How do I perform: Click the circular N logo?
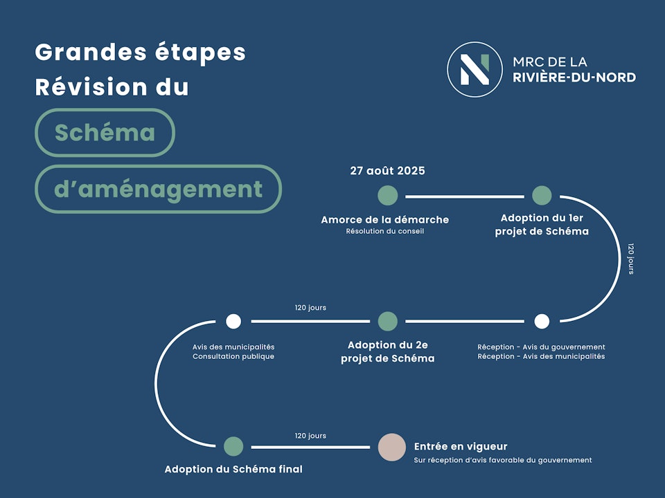pyautogui.click(x=474, y=69)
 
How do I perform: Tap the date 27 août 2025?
pyautogui.click(x=387, y=171)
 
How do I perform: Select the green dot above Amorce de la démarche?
pyautogui.click(x=388, y=196)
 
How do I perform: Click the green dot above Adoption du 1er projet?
pyautogui.click(x=542, y=196)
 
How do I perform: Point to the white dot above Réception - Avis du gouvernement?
pyautogui.click(x=542, y=321)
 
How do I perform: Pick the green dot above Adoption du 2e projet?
pyautogui.click(x=388, y=321)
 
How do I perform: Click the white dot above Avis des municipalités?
pyautogui.click(x=233, y=321)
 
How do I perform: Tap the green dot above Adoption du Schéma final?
pyautogui.click(x=233, y=446)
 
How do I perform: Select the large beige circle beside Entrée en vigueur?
pyautogui.click(x=391, y=447)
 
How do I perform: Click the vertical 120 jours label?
pyautogui.click(x=630, y=258)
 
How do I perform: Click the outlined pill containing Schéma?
pyautogui.click(x=105, y=133)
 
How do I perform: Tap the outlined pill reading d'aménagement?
pyautogui.click(x=158, y=189)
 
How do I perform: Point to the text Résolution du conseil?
pyautogui.click(x=384, y=232)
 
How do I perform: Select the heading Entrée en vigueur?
pyautogui.click(x=461, y=447)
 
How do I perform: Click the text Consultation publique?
pyautogui.click(x=233, y=357)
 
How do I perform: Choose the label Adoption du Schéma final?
pyautogui.click(x=233, y=469)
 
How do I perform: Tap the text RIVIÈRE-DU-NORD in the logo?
pyautogui.click(x=574, y=77)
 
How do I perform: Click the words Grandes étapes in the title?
pyautogui.click(x=140, y=52)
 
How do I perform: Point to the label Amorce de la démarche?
pyautogui.click(x=384, y=220)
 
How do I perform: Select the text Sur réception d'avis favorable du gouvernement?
pyautogui.click(x=503, y=460)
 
